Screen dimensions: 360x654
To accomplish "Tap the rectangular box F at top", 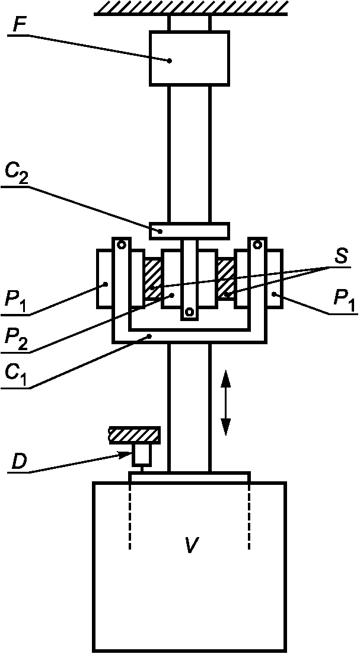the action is coord(189,58).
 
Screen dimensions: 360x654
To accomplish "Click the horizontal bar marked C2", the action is coord(189,230).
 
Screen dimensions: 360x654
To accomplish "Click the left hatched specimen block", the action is coord(152,280).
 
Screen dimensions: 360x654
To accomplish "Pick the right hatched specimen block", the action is coord(226,280).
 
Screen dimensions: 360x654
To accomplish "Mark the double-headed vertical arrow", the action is coord(225,402).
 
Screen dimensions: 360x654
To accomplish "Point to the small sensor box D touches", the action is coord(142,455).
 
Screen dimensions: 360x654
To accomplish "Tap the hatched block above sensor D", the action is coord(134,435).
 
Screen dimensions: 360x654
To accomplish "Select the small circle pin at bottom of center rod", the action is coord(189,311).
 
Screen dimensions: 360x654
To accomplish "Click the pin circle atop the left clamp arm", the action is coord(121,245).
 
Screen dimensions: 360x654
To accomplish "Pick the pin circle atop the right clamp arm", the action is coord(257,245).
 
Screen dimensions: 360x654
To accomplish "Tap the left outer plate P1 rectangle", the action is coord(104,278).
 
